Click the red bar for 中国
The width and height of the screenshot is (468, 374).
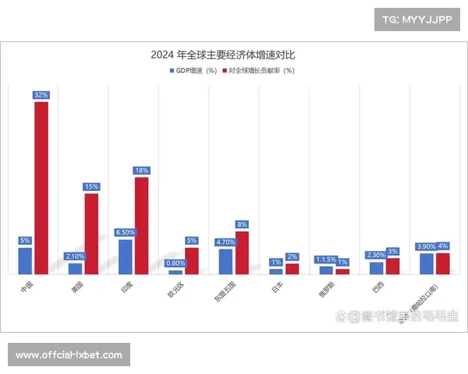click(x=41, y=188)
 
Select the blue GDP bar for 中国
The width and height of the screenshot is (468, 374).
click(x=25, y=261)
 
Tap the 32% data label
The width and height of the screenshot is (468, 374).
click(x=41, y=95)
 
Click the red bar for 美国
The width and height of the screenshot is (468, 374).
click(x=91, y=233)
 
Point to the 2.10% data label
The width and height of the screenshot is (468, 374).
click(x=75, y=256)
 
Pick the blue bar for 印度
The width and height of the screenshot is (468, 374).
click(x=125, y=256)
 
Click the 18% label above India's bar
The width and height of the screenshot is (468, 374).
click(x=141, y=171)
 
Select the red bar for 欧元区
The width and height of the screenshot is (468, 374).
click(x=192, y=261)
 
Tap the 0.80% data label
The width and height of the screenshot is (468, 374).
click(x=175, y=263)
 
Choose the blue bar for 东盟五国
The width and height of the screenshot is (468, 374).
click(x=225, y=261)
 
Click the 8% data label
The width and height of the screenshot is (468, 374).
click(x=242, y=224)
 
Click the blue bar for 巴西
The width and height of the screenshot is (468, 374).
click(x=376, y=267)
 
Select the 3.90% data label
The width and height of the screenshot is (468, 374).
click(x=427, y=246)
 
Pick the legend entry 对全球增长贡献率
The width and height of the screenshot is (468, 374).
click(x=262, y=71)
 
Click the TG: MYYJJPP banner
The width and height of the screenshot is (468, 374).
click(x=417, y=19)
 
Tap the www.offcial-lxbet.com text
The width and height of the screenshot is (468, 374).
click(x=69, y=355)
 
